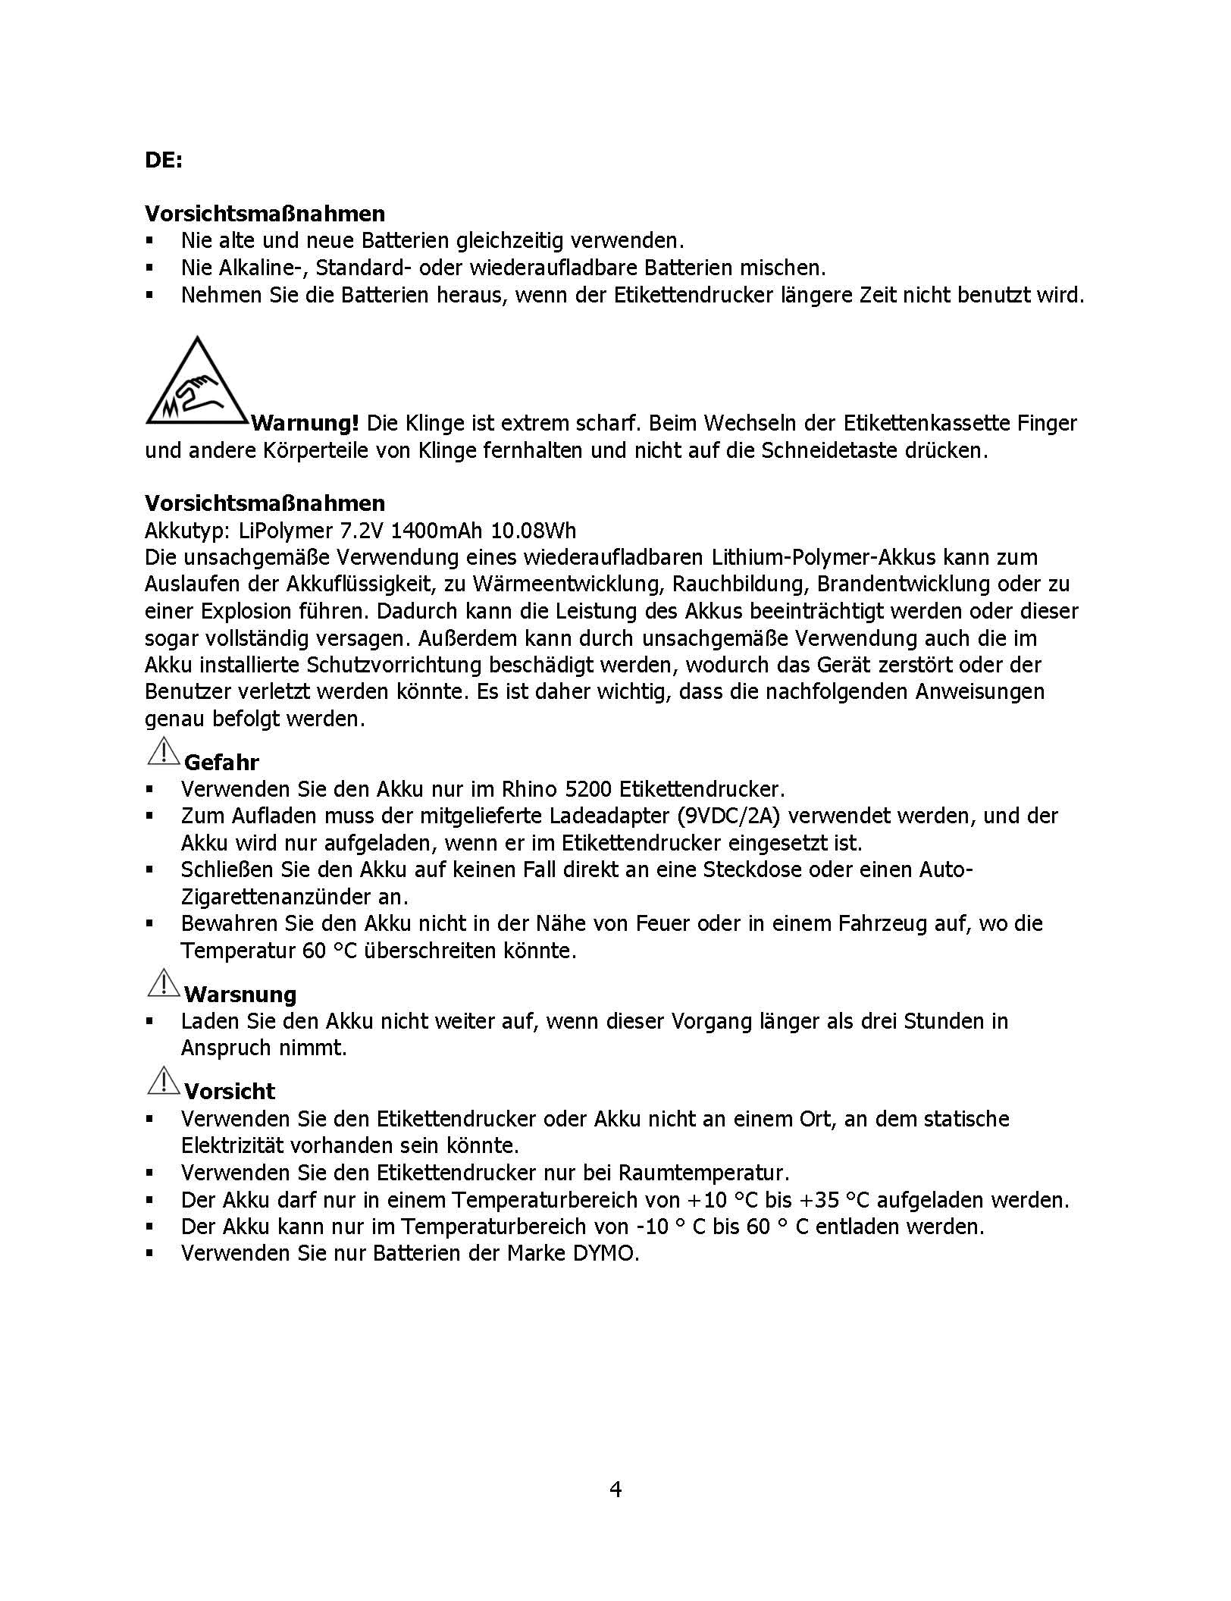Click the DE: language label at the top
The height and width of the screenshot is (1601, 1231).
(164, 161)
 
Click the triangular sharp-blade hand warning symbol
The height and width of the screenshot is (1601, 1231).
(196, 384)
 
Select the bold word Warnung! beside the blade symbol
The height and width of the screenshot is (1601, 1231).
(305, 423)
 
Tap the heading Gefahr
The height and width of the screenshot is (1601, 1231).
(221, 762)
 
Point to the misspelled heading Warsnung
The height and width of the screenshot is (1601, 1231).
(240, 994)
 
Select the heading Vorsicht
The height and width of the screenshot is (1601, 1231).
(230, 1091)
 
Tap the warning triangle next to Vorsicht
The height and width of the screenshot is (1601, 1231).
(162, 1081)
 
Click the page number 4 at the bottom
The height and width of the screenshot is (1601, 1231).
(615, 1490)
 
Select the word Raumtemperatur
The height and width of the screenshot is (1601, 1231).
(703, 1173)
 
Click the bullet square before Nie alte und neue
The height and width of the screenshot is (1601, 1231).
(150, 241)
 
